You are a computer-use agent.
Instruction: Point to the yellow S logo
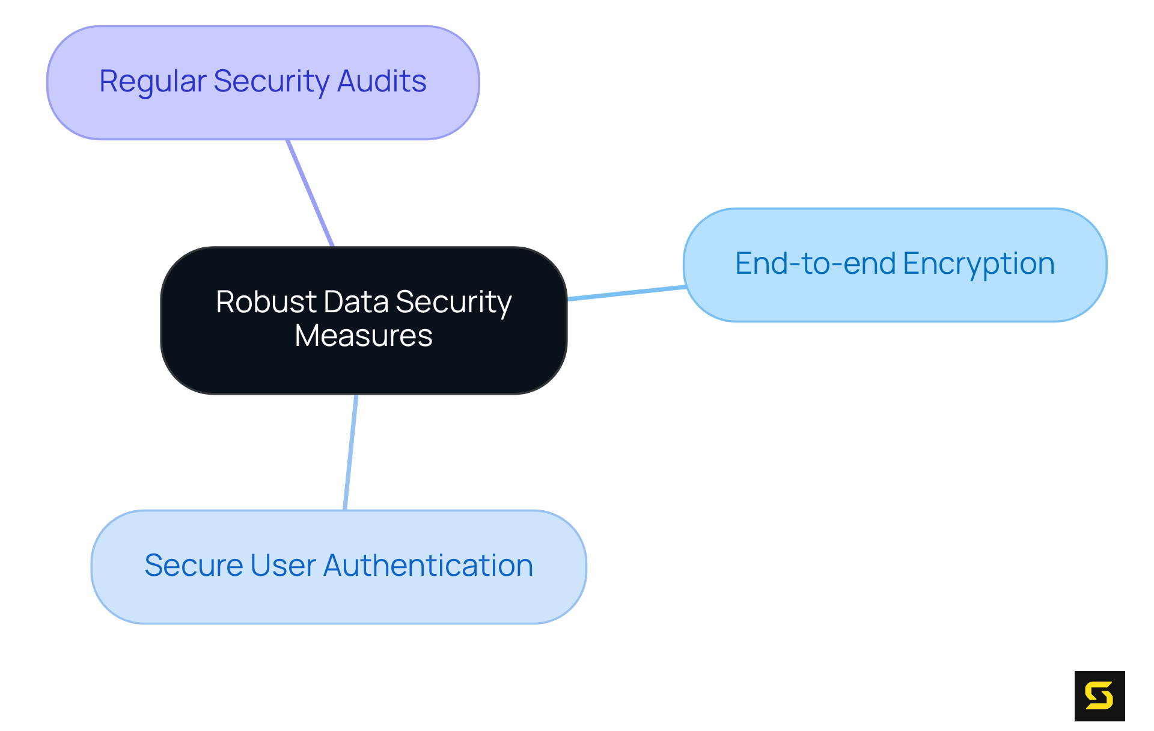(x=1099, y=696)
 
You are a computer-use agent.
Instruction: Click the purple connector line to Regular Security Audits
(x=310, y=193)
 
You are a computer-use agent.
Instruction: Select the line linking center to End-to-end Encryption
(x=626, y=293)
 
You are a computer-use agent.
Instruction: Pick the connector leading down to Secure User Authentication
(x=351, y=452)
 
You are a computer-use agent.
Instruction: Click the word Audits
(x=382, y=81)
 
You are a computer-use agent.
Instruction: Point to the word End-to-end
(x=816, y=264)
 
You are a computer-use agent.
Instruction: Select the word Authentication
(x=428, y=566)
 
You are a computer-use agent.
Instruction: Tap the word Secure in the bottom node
(x=194, y=566)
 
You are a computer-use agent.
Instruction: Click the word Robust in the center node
(x=266, y=302)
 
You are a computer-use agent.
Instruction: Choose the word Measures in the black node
(x=364, y=336)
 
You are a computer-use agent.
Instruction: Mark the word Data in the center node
(x=356, y=302)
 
